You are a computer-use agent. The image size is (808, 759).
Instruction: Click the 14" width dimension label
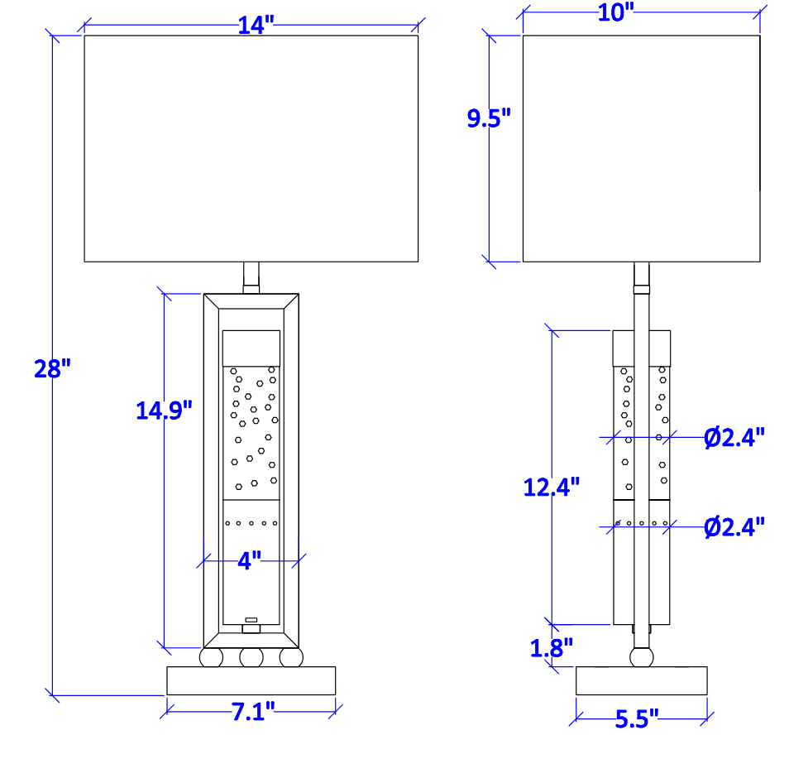tap(256, 25)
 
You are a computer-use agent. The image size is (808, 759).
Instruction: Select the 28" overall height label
tap(52, 369)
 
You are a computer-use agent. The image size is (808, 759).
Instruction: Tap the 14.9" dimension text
tap(164, 411)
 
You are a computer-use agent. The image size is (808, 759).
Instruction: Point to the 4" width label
tap(250, 560)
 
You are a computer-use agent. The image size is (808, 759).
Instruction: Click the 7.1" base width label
tap(252, 712)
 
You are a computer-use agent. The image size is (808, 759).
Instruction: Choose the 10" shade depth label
tap(616, 12)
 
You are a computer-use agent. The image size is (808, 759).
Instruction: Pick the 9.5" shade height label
tap(489, 118)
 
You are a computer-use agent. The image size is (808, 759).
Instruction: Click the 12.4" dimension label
tap(552, 488)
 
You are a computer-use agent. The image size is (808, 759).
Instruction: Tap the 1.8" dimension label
tap(552, 648)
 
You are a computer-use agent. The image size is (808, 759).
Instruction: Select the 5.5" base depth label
tap(637, 719)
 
